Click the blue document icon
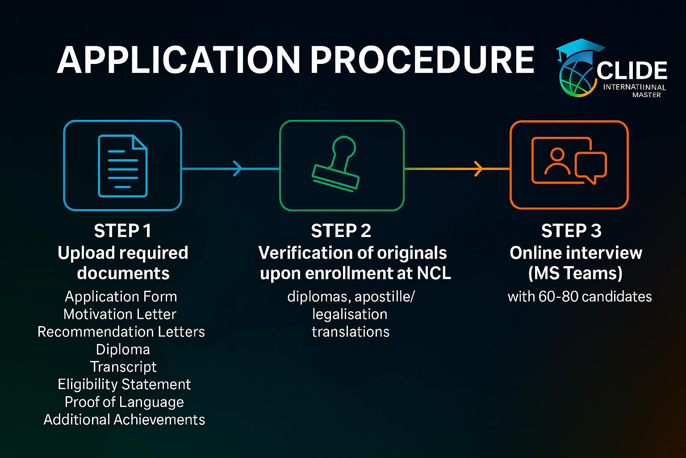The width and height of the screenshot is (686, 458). pos(122,166)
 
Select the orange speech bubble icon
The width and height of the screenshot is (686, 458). pos(590,167)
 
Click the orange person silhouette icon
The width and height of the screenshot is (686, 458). pos(557,161)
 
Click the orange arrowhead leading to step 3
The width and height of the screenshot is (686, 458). pos(478,169)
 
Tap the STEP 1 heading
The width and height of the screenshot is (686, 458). pos(123,231)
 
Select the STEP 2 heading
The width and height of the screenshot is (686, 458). pos(341,231)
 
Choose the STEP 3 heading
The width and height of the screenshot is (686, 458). pos(571,231)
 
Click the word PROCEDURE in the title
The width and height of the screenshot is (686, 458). pos(422,59)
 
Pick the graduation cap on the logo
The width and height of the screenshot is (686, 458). pos(579,49)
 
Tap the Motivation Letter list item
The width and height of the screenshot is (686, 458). pos(120,314)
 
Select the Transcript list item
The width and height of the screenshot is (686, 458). pos(123,367)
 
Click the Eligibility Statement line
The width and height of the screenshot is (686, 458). pos(124,384)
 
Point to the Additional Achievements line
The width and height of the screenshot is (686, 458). pos(124,420)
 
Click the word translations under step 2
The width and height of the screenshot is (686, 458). pos(351,332)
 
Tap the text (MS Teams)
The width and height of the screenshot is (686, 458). pos(575,273)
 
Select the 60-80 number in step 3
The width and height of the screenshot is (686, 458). pos(554,297)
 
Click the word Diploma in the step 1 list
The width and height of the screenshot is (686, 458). pos(123,349)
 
